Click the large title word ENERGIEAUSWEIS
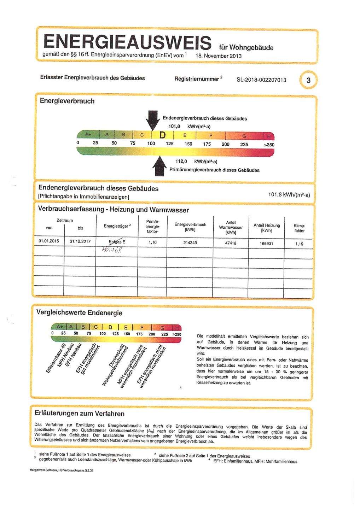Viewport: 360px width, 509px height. (127, 42)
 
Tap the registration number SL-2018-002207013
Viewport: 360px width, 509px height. (261, 80)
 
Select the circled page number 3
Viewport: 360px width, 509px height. (308, 80)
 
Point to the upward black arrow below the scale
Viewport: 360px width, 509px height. (159, 166)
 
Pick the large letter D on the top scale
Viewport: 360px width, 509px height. (163, 135)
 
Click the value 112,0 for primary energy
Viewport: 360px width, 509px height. (181, 161)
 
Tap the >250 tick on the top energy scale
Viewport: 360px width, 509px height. (269, 145)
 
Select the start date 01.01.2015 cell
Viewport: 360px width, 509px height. (49, 241)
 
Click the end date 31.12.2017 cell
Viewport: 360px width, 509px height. (80, 241)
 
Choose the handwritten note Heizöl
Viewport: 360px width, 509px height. (112, 250)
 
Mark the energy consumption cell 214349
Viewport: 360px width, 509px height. (190, 242)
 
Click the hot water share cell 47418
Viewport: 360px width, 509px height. (231, 243)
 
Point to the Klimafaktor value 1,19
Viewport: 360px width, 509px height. (299, 244)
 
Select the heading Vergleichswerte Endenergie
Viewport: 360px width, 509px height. (79, 313)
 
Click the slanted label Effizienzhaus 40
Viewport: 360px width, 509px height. (57, 359)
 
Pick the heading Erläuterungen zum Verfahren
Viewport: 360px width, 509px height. (80, 414)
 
